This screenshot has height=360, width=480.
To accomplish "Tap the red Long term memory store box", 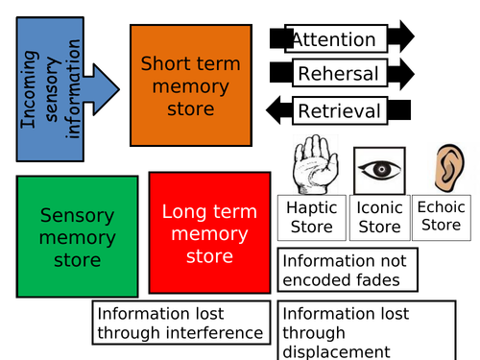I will [209, 233].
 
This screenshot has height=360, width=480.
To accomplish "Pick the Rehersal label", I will [338, 74].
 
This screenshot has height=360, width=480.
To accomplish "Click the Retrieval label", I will [339, 110].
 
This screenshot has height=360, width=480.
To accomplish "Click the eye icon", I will [378, 171].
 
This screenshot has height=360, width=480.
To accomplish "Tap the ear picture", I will [444, 168].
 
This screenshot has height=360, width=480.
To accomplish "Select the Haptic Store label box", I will [311, 217].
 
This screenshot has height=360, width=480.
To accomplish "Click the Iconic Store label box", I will [378, 217].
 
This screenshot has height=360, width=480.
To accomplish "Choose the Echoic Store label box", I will [442, 216].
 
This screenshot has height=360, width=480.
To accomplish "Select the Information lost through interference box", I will [180, 324].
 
